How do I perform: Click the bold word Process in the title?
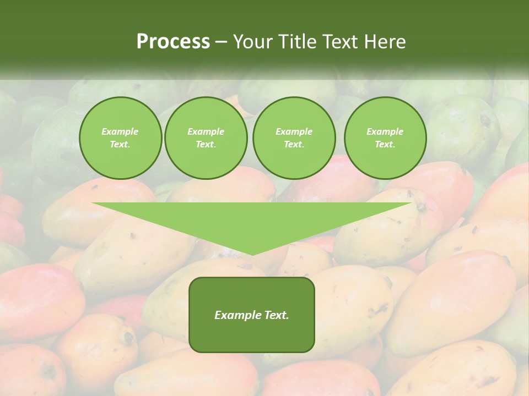pyautogui.click(x=173, y=42)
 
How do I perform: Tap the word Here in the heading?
pyautogui.click(x=386, y=42)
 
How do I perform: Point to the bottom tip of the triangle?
pyautogui.click(x=252, y=254)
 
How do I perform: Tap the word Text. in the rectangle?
pyautogui.click(x=277, y=315)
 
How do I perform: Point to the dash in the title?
pyautogui.click(x=222, y=42)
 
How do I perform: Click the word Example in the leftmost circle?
pyautogui.click(x=120, y=131)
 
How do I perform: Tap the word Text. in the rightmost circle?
pyautogui.click(x=385, y=145)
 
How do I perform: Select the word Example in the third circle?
pyautogui.click(x=294, y=131)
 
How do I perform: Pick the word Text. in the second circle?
pyautogui.click(x=206, y=145)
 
